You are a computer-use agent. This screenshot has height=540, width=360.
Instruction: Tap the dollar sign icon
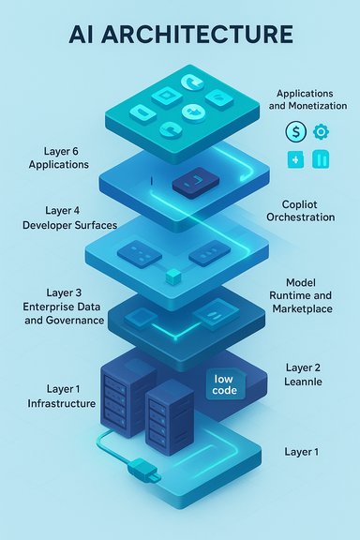coord(294,132)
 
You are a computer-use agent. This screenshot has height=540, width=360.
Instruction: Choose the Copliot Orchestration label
coord(307,210)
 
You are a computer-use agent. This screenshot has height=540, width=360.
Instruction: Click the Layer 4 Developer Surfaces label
coord(66,218)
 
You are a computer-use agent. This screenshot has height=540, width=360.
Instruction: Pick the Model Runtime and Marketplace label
coord(307,295)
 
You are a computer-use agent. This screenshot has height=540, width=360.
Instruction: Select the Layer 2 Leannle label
coord(302,376)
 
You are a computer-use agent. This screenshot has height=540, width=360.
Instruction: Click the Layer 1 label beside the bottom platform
coord(301,452)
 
